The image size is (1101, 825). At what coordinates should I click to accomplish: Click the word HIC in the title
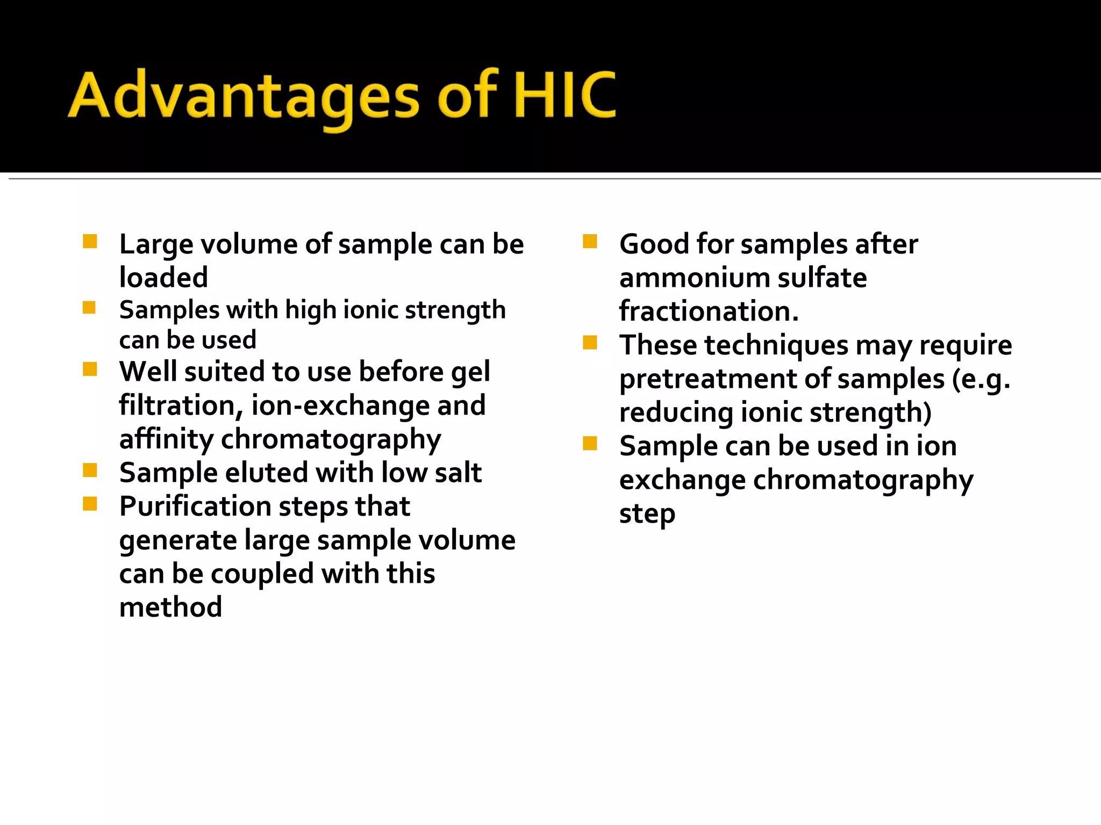click(564, 96)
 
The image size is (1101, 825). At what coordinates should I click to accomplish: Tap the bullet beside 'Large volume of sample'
click(90, 242)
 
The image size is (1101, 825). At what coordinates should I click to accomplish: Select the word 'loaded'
click(163, 278)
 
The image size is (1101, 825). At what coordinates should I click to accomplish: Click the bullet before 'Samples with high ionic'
click(89, 308)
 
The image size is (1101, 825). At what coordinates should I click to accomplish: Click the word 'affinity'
click(166, 439)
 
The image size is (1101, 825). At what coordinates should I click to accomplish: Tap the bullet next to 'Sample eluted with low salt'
click(90, 471)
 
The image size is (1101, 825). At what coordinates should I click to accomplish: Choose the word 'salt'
click(458, 473)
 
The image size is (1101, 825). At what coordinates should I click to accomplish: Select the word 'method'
click(170, 607)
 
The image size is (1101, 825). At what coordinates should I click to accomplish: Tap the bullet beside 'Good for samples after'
click(590, 242)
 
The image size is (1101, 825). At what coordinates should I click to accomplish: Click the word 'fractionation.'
click(709, 312)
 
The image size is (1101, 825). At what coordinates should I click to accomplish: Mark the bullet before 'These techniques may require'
click(590, 343)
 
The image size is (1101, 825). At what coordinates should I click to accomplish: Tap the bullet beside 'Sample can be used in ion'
click(590, 444)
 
